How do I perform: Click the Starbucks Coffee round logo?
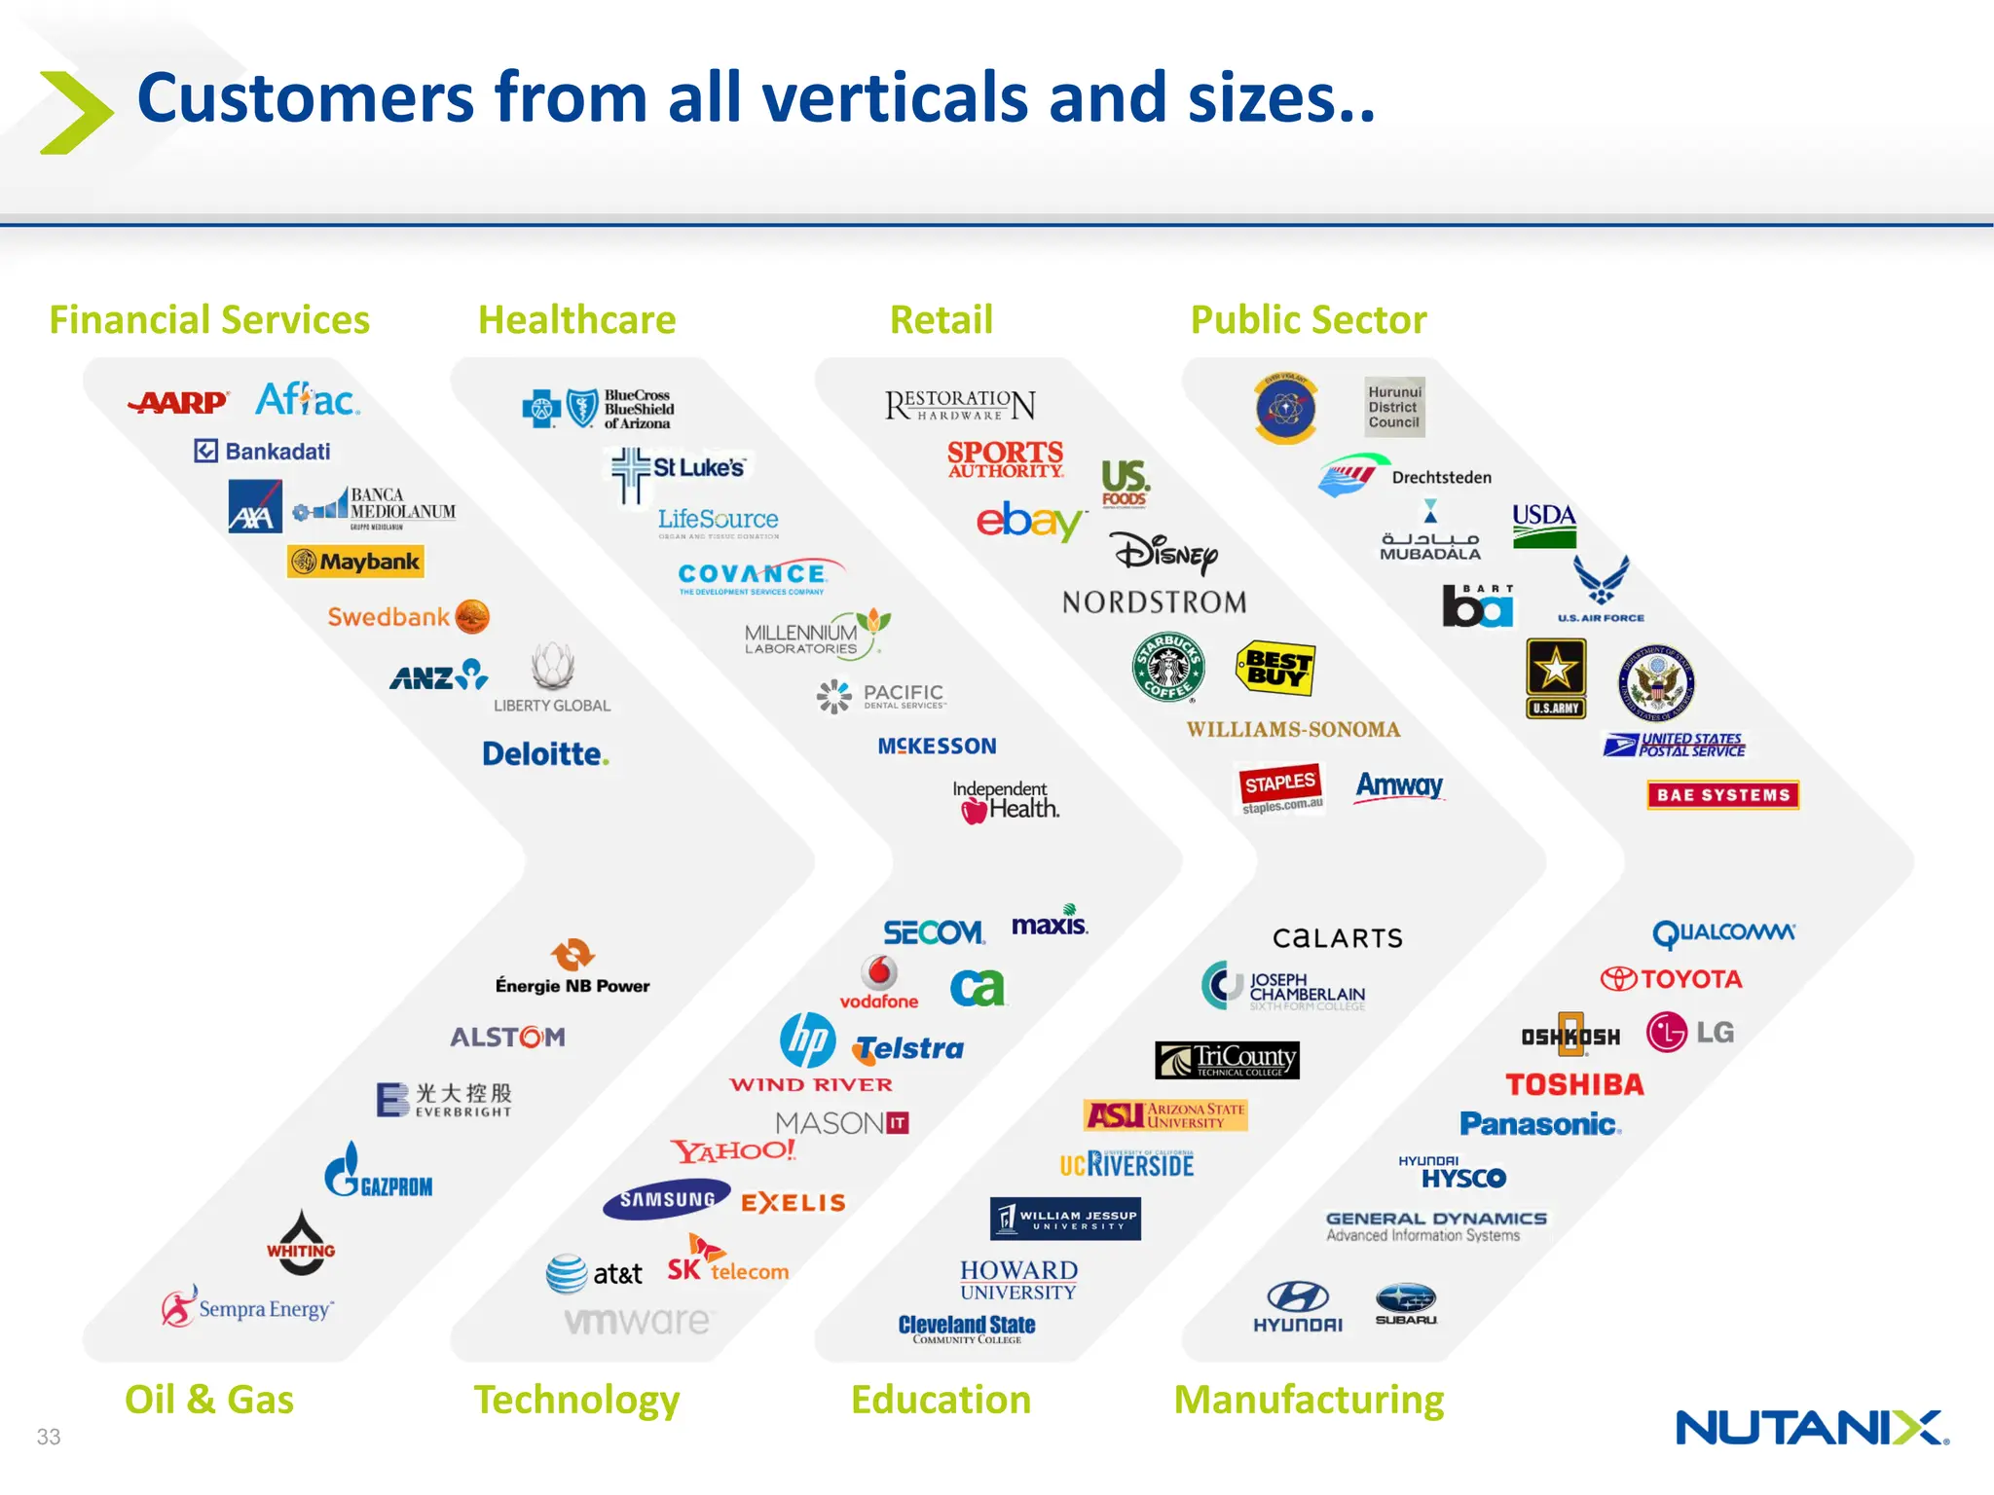pyautogui.click(x=1168, y=667)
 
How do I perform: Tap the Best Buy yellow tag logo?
pyautogui.click(x=1275, y=668)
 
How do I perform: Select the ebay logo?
pyautogui.click(x=1030, y=522)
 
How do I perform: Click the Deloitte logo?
pyautogui.click(x=545, y=754)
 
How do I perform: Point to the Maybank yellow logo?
pyautogui.click(x=355, y=562)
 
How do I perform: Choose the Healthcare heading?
pyautogui.click(x=576, y=320)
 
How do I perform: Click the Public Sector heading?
pyautogui.click(x=1309, y=320)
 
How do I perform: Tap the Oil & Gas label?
pyautogui.click(x=209, y=1400)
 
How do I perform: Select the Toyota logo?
pyautogui.click(x=1672, y=979)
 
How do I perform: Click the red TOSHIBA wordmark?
pyautogui.click(x=1574, y=1084)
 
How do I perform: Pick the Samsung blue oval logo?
pyautogui.click(x=667, y=1200)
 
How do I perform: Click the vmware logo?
pyautogui.click(x=638, y=1321)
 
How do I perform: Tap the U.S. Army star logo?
pyautogui.click(x=1556, y=678)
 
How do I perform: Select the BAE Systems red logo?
pyautogui.click(x=1722, y=795)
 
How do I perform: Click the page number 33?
pyautogui.click(x=49, y=1437)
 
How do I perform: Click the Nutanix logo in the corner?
pyautogui.click(x=1811, y=1428)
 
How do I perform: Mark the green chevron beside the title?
pyautogui.click(x=76, y=112)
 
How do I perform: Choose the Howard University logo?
pyautogui.click(x=1018, y=1281)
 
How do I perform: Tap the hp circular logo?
pyautogui.click(x=807, y=1039)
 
